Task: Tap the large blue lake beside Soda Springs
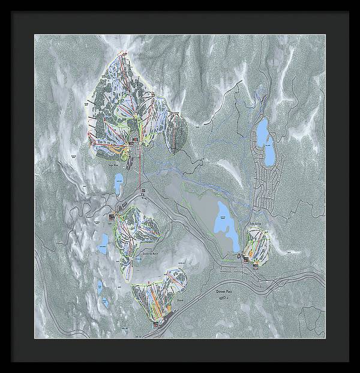coord(223,223)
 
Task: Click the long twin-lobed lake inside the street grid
coord(265,142)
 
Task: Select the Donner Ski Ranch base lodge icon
coord(113,213)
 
